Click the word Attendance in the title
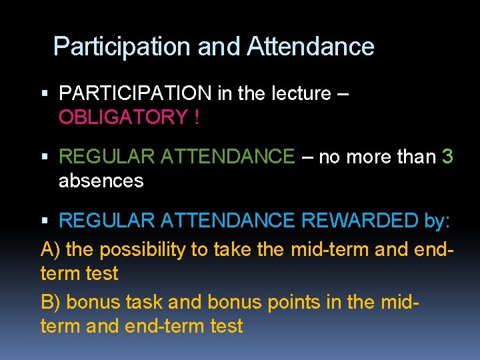coord(310,47)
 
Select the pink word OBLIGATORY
coord(123,117)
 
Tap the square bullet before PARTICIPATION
coord(45,94)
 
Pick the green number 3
coord(447,157)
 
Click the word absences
coord(101,181)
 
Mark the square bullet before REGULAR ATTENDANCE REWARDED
coord(45,221)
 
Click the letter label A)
coord(51,249)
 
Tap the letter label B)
coord(51,302)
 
